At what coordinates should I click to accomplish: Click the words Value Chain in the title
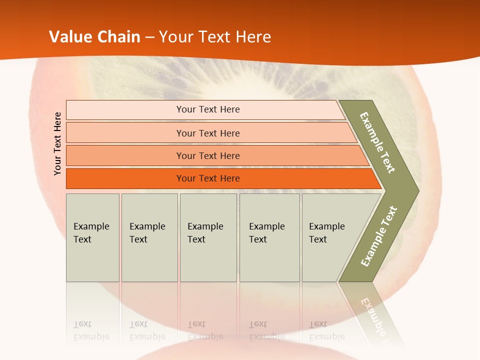94,36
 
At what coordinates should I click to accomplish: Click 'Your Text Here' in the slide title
215,36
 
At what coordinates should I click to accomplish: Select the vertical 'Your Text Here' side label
57,143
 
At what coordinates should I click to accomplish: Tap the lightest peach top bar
207,109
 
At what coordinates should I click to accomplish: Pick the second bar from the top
207,133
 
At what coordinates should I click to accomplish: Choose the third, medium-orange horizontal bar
207,155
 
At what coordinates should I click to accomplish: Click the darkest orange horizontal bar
207,178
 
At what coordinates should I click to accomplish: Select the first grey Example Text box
92,237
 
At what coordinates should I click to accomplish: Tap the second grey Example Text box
149,237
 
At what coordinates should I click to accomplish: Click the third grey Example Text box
208,237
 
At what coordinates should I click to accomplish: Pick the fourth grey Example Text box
269,237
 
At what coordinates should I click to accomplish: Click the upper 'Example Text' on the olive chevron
377,142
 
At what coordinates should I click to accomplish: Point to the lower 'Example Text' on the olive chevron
378,236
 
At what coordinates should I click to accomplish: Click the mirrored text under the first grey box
91,331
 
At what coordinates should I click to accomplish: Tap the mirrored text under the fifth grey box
327,331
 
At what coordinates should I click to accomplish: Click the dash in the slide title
149,37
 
